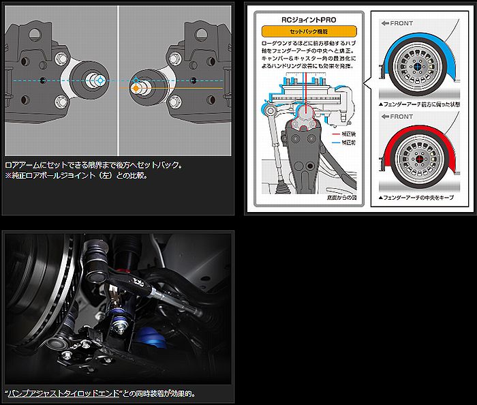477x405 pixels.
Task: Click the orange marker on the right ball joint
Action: coord(136,89)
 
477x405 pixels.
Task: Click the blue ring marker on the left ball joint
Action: coord(100,80)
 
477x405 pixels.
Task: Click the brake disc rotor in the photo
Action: coord(31,300)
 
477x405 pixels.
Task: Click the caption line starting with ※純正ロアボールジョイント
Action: coord(76,175)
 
